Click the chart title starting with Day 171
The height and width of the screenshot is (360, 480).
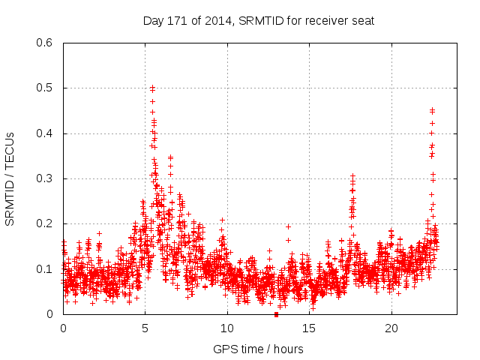pyautogui.click(x=258, y=21)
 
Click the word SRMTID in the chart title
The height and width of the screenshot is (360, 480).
pyautogui.click(x=258, y=21)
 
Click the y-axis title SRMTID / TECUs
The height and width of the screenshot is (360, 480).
pyautogui.click(x=10, y=178)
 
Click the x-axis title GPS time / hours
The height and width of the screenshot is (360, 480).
pyautogui.click(x=258, y=349)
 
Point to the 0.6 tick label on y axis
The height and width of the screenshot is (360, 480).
pyautogui.click(x=46, y=43)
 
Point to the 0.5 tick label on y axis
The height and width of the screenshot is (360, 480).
pyautogui.click(x=46, y=88)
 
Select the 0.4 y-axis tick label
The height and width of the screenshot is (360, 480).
pyautogui.click(x=46, y=133)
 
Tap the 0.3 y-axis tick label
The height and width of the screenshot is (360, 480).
pyautogui.click(x=46, y=178)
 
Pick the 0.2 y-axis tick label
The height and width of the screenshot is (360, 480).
pyautogui.click(x=46, y=224)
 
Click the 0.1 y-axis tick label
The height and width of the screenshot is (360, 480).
pyautogui.click(x=46, y=269)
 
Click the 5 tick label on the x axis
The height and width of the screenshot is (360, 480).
pyautogui.click(x=145, y=328)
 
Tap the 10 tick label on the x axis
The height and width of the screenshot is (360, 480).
pyautogui.click(x=227, y=328)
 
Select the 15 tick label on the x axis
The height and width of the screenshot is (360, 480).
pyautogui.click(x=309, y=328)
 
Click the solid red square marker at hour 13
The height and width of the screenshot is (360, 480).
pyautogui.click(x=276, y=314)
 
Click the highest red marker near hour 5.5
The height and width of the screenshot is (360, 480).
pyautogui.click(x=152, y=88)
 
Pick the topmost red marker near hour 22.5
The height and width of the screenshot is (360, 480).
pyautogui.click(x=432, y=109)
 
